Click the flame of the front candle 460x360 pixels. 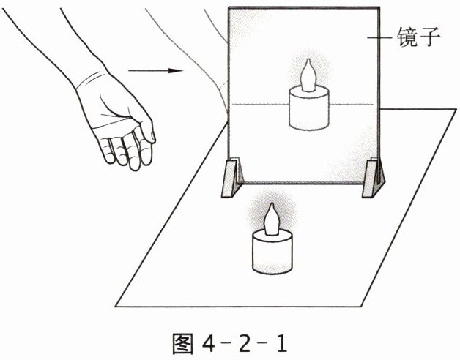[272, 220]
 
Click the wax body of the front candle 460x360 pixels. [272, 252]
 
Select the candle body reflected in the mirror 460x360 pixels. [309, 108]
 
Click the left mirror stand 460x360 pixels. [232, 178]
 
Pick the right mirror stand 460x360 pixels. [373, 178]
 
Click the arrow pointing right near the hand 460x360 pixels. [155, 71]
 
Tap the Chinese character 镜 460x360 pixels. [408, 37]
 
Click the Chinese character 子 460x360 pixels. [430, 37]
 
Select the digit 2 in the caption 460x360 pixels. [244, 344]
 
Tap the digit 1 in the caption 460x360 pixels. [281, 344]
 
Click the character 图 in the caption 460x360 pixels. [183, 344]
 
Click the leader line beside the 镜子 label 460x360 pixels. [379, 37]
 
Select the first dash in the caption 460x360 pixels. [227, 342]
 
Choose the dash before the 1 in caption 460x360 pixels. [264, 342]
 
